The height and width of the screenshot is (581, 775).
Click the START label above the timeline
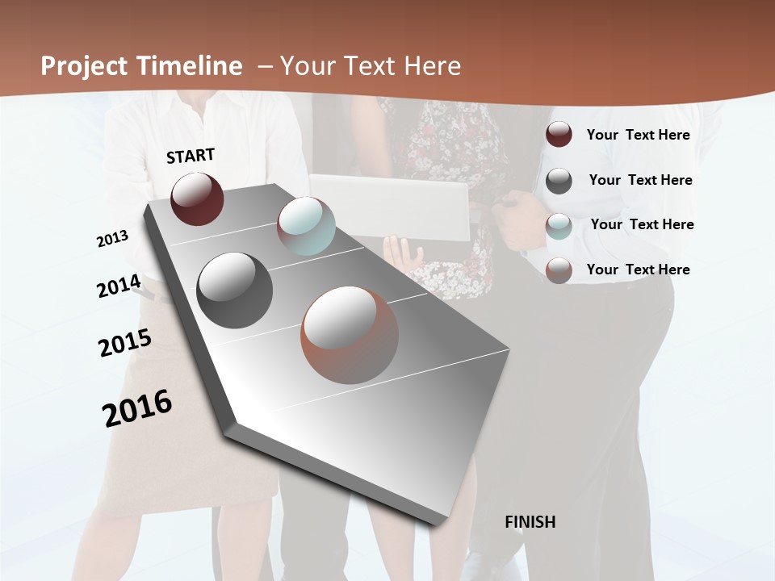191,156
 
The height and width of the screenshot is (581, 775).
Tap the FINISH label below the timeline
530,522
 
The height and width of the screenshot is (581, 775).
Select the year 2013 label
112,239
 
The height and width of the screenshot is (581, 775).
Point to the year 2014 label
119,286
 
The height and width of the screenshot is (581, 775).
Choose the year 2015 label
125,343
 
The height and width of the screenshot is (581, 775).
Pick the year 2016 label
137,408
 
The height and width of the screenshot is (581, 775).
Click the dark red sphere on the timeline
197,199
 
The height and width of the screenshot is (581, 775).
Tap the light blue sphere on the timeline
306,226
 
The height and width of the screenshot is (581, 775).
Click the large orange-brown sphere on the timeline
350,335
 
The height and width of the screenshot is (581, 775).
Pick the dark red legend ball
559,135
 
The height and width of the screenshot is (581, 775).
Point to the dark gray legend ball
559,181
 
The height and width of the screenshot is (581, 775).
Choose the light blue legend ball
559,226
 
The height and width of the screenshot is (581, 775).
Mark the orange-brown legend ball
559,270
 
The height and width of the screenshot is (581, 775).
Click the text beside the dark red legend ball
638,135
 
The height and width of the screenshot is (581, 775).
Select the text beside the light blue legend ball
642,224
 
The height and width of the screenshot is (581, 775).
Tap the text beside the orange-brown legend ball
638,270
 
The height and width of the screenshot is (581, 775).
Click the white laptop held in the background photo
396,207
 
